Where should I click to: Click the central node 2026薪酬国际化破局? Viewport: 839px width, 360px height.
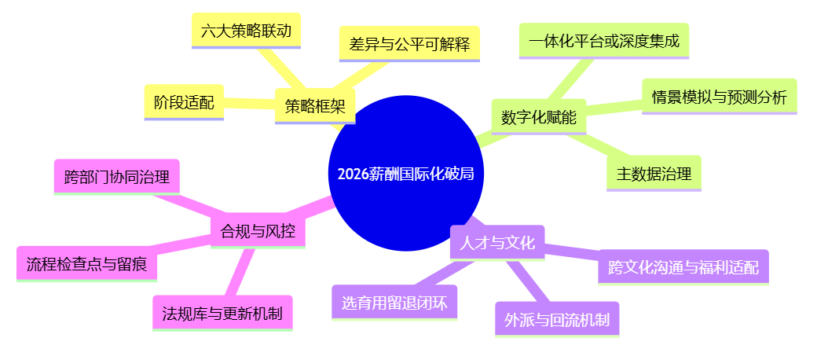pos(406,174)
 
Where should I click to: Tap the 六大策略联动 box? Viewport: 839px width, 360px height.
pos(247,31)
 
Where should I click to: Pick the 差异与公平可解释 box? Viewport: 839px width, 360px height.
pos(409,44)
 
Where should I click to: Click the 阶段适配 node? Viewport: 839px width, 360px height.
pos(184,102)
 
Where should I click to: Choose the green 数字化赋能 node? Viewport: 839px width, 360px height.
pos(539,118)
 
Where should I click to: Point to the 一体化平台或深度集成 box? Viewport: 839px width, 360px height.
pos(604,40)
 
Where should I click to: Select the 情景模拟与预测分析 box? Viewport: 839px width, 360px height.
pos(719,97)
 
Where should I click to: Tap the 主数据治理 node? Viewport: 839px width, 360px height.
pos(654,174)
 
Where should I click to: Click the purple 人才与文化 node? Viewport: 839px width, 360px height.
pos(497,242)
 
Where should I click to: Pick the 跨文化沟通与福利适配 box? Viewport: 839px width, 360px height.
pos(683,267)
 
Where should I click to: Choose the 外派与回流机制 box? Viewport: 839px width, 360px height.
pos(557,319)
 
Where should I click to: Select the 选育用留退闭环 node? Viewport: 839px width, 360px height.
pos(394,303)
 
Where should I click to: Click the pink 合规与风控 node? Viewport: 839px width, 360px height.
pos(258,231)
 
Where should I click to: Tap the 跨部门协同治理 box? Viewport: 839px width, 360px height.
pos(117,177)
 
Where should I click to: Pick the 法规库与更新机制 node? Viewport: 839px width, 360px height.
pos(222,314)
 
